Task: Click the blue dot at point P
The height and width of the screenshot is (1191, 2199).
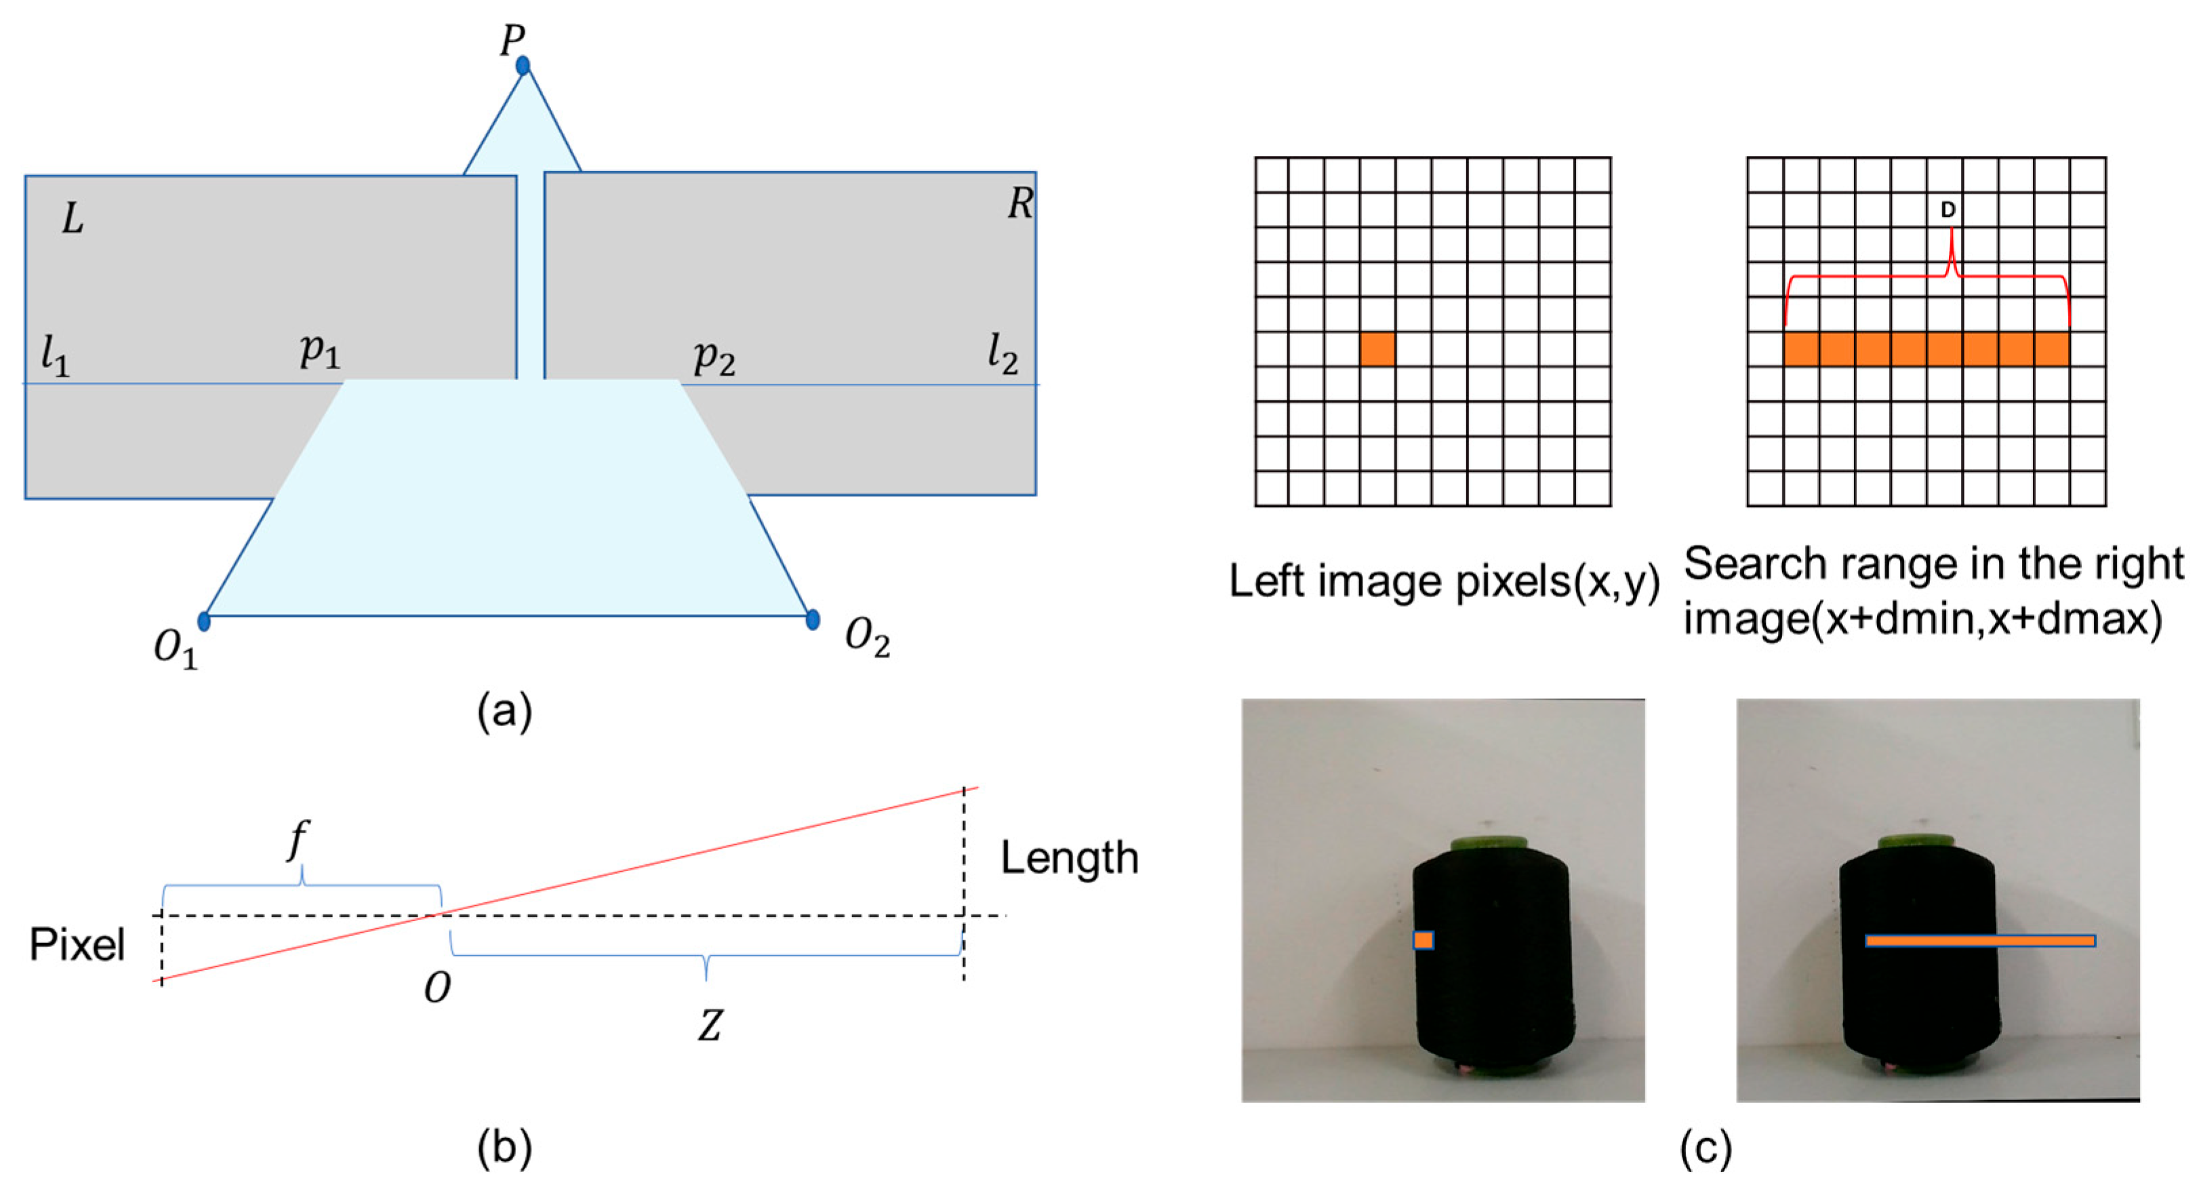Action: (523, 66)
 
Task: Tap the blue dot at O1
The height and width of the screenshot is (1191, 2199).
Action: (204, 621)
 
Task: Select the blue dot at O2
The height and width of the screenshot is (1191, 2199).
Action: (813, 619)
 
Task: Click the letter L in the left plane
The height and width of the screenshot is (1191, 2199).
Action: (73, 220)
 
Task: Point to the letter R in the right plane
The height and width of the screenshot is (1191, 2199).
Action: (1020, 203)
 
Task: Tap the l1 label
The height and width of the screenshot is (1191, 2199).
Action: (56, 355)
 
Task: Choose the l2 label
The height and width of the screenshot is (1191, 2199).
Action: (1002, 353)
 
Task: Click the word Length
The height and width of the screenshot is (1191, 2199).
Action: (1069, 858)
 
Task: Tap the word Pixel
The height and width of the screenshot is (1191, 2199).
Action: (77, 945)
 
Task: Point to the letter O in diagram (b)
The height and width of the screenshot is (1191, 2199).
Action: (437, 988)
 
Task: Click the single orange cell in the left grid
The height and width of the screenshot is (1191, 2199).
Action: (1377, 349)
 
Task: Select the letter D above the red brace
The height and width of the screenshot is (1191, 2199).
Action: (1948, 210)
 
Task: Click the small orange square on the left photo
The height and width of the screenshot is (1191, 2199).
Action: (1423, 940)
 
